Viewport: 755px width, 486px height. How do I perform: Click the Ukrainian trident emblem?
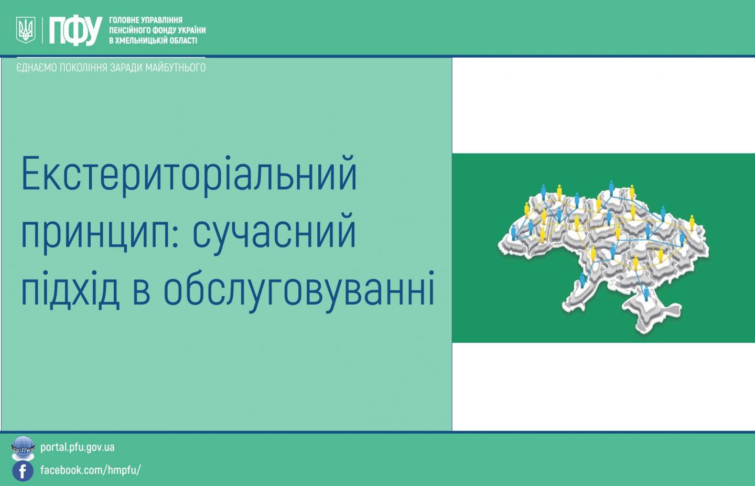26,30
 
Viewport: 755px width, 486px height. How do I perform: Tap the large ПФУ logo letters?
75,30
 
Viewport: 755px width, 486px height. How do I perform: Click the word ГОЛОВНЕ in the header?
122,20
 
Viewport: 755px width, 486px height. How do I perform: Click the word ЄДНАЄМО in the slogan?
37,68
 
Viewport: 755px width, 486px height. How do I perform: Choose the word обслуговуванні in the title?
299,290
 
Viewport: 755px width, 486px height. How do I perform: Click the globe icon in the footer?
23,448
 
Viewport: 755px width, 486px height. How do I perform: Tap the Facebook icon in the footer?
23,471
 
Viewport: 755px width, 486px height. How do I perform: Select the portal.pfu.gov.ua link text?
78,448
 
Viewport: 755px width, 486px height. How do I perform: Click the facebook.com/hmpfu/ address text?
90,470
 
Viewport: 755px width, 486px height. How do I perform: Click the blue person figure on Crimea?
646,293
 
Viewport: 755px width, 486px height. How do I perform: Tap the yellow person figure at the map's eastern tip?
692,222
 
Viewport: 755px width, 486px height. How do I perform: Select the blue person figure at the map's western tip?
513,233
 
